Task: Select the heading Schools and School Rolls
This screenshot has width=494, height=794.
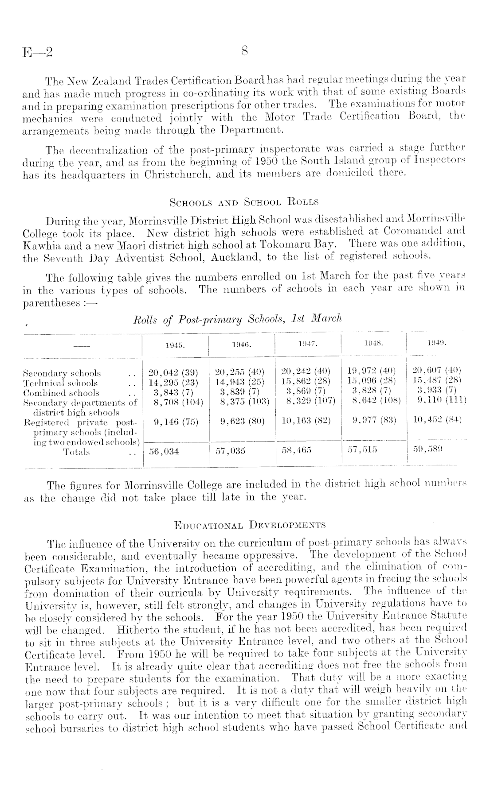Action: pyautogui.click(x=244, y=203)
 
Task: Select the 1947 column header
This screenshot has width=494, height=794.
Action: pyautogui.click(x=309, y=343)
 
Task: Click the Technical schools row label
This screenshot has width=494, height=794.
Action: pyautogui.click(x=60, y=383)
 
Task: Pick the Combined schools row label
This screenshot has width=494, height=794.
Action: pyautogui.click(x=61, y=393)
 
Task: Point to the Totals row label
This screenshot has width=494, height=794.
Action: pyautogui.click(x=76, y=452)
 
